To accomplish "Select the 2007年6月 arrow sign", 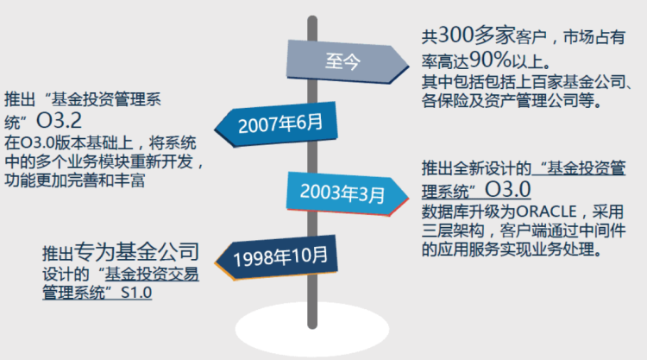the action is pos(276,123).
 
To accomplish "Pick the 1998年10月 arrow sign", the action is pos(276,257).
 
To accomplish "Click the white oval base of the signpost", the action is pos(312,330).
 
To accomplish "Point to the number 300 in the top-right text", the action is pos(455,35).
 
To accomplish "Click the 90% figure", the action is pos(490,60).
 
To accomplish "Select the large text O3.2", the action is pos(59,121).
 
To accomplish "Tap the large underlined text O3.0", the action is pos(507,189).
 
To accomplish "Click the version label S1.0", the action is pos(136,293).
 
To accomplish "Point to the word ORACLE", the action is pos(546,212).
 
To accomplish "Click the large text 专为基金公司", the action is pos(136,251).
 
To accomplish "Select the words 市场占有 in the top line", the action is pos(594,37).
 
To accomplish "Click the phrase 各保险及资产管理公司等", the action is pos(512,100).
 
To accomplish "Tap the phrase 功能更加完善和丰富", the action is pos(75,180).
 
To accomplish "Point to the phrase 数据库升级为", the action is pos(468,212).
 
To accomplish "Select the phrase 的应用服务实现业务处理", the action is pos(512,249).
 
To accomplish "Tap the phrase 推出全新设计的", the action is pos(476,168).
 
